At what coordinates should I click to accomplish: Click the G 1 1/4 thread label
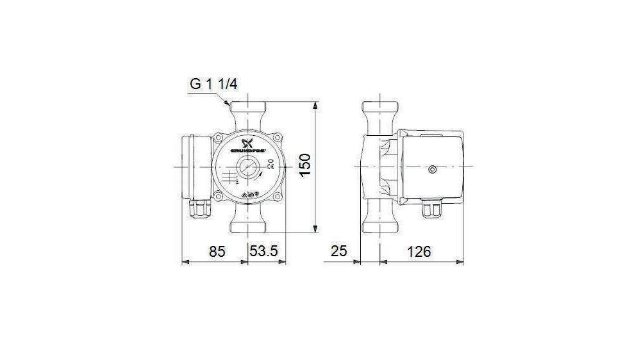213,85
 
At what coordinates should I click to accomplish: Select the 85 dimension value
217,252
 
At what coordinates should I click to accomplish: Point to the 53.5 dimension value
263,252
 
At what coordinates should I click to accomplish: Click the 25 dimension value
338,252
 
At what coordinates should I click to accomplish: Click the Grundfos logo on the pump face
248,146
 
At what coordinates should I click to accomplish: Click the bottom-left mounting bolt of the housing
219,195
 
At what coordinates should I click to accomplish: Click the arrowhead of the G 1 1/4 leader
228,105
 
